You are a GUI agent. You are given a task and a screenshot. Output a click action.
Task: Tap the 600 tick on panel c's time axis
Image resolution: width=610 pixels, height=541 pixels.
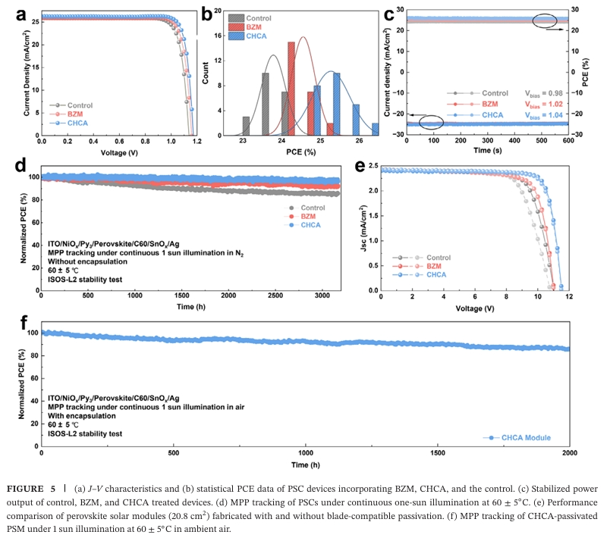tap(568, 142)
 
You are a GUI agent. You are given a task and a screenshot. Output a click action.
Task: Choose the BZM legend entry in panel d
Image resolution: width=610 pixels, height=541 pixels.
tap(313, 216)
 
